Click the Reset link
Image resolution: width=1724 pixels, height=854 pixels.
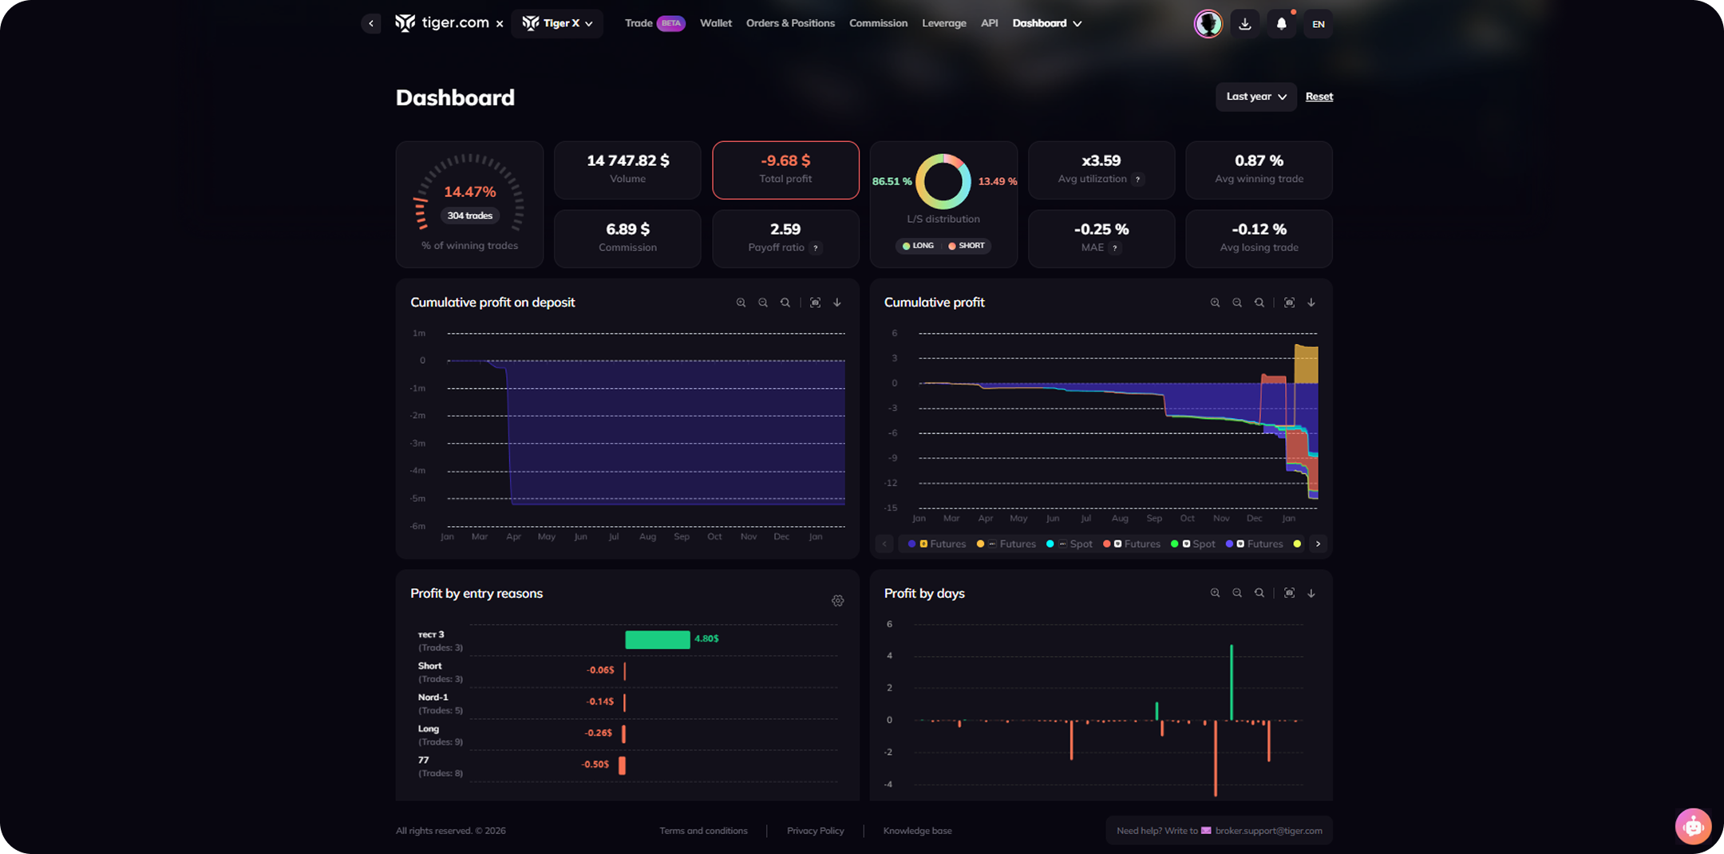coord(1319,97)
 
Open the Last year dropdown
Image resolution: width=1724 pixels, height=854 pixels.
coord(1255,97)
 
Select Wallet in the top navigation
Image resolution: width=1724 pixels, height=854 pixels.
coord(715,23)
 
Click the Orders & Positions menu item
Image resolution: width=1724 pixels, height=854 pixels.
coord(790,23)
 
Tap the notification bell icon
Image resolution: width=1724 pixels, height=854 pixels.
coord(1281,24)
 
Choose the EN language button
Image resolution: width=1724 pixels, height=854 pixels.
coord(1318,24)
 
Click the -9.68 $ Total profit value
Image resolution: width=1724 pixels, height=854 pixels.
coord(785,161)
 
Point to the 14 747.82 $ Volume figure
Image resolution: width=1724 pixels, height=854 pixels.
coord(627,161)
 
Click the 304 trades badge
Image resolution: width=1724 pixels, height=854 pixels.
coord(469,215)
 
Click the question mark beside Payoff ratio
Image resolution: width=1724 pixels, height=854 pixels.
coord(815,248)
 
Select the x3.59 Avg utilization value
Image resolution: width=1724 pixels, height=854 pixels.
coord(1101,161)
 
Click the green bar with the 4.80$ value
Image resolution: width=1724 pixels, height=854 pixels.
coord(657,639)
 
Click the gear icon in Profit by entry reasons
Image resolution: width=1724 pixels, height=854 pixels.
coord(837,601)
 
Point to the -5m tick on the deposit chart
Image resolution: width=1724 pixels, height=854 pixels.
coord(417,499)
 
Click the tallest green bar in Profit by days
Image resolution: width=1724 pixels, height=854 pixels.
coord(1232,682)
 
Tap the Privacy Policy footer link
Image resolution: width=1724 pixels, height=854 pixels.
coord(815,831)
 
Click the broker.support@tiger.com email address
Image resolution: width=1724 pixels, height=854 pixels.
coord(1268,831)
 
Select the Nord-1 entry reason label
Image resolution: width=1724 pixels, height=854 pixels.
coord(433,698)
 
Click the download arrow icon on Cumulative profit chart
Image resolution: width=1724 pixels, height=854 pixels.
coord(1311,302)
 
